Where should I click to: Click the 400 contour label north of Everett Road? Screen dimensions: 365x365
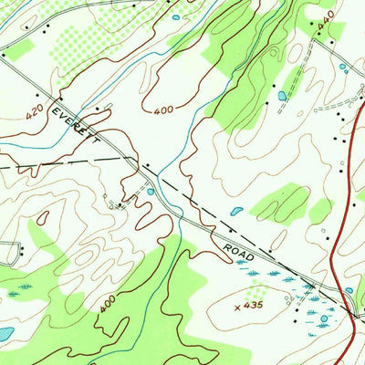click(163, 110)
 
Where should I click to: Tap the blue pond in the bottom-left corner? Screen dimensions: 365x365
click(5, 333)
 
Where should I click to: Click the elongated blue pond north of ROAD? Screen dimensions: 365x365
click(236, 211)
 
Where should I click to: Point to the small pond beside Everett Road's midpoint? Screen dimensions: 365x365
click(150, 192)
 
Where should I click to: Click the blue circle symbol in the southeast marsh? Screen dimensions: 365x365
click(323, 317)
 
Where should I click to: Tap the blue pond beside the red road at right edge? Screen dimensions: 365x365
click(349, 290)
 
